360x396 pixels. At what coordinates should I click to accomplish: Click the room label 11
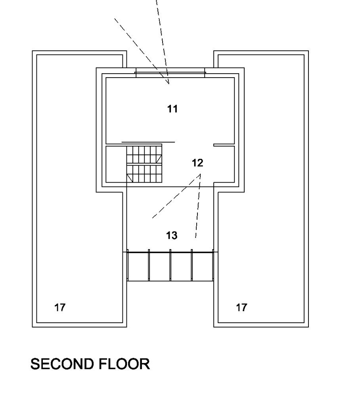pyautogui.click(x=172, y=109)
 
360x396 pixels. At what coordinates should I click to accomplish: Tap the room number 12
pyautogui.click(x=197, y=163)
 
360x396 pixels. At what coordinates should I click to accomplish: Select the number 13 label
pyautogui.click(x=172, y=236)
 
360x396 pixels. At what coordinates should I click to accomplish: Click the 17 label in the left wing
pyautogui.click(x=60, y=307)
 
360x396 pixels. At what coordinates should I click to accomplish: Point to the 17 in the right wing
pyautogui.click(x=241, y=307)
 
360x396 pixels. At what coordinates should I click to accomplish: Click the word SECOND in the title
pyautogui.click(x=63, y=364)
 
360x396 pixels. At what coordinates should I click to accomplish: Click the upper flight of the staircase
pyautogui.click(x=144, y=154)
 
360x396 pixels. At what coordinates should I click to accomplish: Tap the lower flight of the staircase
pyautogui.click(x=144, y=173)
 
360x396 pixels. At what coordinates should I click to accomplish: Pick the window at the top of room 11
pyautogui.click(x=170, y=72)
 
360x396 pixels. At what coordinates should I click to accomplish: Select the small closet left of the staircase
pyautogui.click(x=116, y=164)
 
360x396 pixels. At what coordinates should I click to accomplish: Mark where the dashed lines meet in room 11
pyautogui.click(x=169, y=84)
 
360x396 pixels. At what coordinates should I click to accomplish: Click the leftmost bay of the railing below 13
pyautogui.click(x=138, y=265)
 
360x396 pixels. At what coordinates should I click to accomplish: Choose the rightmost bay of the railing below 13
pyautogui.click(x=202, y=265)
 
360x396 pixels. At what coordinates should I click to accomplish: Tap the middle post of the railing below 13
pyautogui.click(x=170, y=265)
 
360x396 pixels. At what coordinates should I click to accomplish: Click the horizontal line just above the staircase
pyautogui.click(x=148, y=141)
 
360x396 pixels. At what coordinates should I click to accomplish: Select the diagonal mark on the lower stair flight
pyautogui.click(x=130, y=178)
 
